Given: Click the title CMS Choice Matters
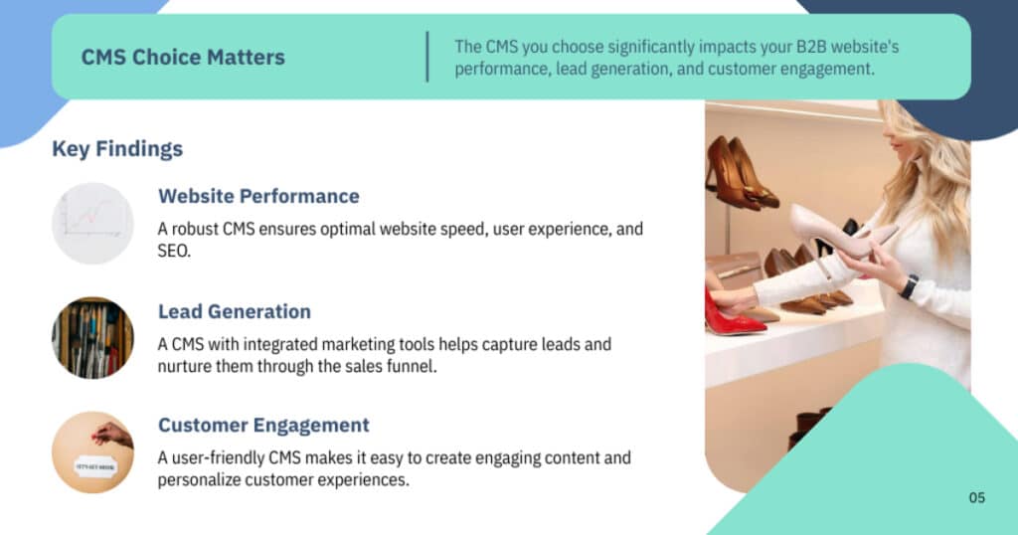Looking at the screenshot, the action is [183, 57].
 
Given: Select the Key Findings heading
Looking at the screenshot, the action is [117, 149].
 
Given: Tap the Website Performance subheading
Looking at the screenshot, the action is [259, 196].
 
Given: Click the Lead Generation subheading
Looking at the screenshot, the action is [235, 311].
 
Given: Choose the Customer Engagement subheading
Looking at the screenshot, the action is [263, 426].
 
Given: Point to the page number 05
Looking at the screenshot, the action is [977, 498].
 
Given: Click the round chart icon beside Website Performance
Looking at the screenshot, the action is [92, 224].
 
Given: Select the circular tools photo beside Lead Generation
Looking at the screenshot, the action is [92, 338].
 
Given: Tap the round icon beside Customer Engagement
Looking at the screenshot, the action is [92, 452].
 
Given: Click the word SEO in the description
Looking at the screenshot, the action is [174, 252].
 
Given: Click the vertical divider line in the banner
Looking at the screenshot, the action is [427, 57].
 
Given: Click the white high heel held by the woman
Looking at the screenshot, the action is [837, 235].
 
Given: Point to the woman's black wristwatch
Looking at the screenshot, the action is [909, 286].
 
